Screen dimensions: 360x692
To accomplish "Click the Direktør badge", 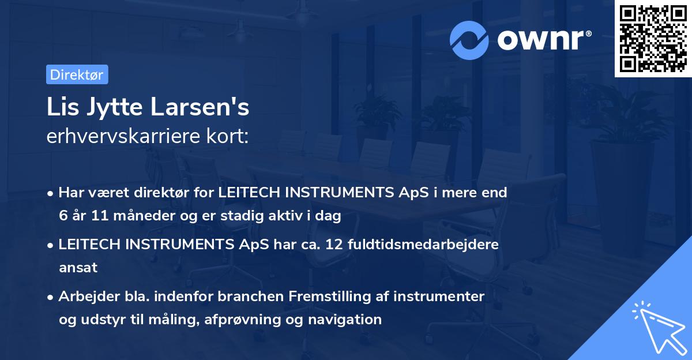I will tap(77, 74).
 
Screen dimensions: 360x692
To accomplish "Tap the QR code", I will tap(653, 39).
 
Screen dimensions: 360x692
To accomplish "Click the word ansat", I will tap(78, 268).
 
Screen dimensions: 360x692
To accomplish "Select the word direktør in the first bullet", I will tap(165, 193).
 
